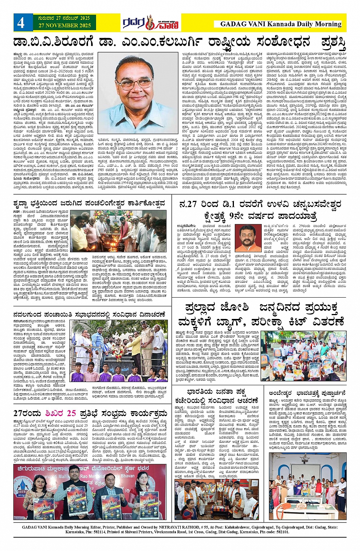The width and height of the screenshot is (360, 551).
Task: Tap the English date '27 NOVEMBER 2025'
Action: click(64, 26)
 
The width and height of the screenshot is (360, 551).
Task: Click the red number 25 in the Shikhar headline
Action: click(72, 413)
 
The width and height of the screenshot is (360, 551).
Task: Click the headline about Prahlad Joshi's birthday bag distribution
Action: click(261, 314)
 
